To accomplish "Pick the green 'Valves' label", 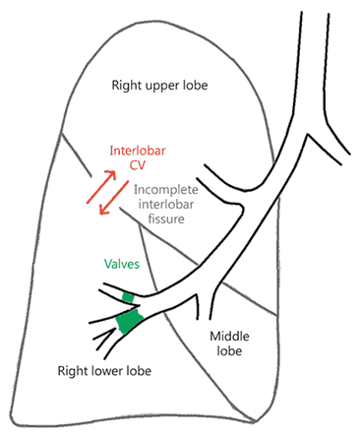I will coord(123,264).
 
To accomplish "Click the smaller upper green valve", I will coord(127,296).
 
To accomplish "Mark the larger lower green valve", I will coord(128,320).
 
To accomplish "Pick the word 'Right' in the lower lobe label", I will coord(67,370).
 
